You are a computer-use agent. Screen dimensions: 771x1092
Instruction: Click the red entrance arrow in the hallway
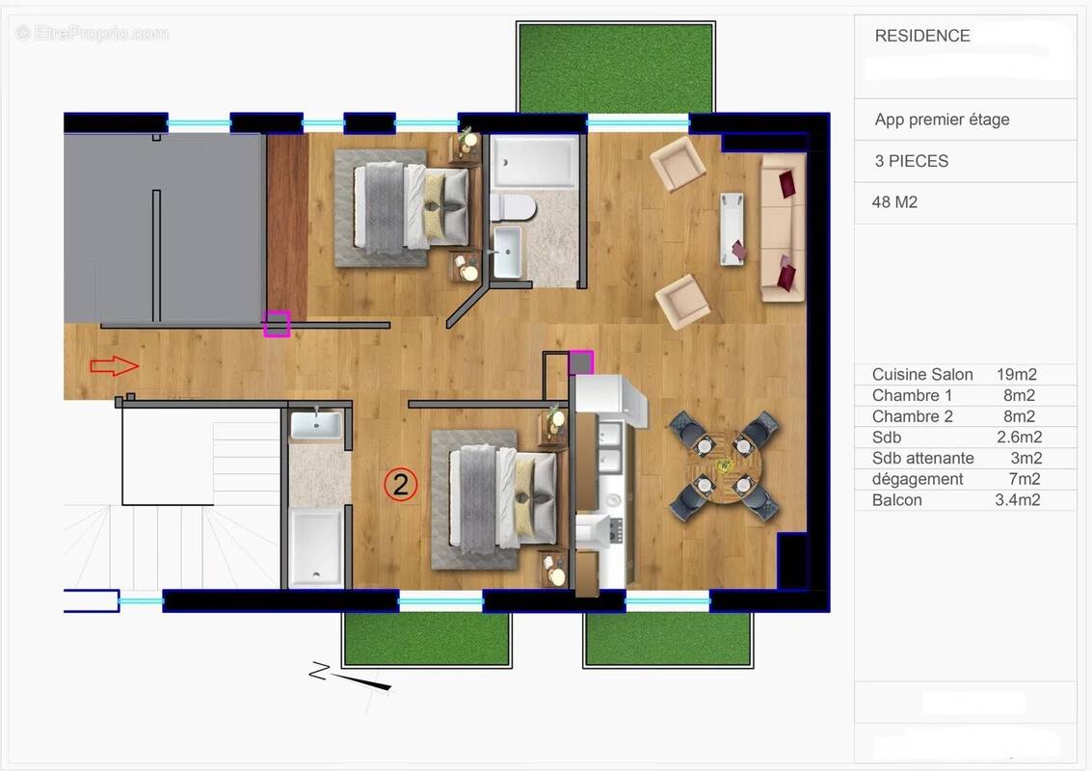coord(114,366)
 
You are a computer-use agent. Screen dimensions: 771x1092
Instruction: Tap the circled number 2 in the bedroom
coord(400,485)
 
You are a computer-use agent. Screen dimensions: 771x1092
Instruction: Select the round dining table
coord(730,466)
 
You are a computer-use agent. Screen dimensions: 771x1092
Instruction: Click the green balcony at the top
coord(616,67)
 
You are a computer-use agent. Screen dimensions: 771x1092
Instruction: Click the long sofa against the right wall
coord(782,227)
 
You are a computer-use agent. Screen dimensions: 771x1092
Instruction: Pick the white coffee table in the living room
coord(732,227)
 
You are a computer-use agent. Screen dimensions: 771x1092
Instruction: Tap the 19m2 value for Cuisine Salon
coord(1017,374)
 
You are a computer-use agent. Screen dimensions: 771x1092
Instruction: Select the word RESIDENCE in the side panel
coord(921,36)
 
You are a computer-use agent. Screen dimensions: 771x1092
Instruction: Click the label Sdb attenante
coord(922,458)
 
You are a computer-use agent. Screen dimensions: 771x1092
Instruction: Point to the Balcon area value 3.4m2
coord(1017,500)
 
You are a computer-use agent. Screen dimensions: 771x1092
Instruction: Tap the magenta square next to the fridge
coord(580,362)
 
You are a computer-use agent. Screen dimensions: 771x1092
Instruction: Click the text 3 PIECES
coord(911,161)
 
